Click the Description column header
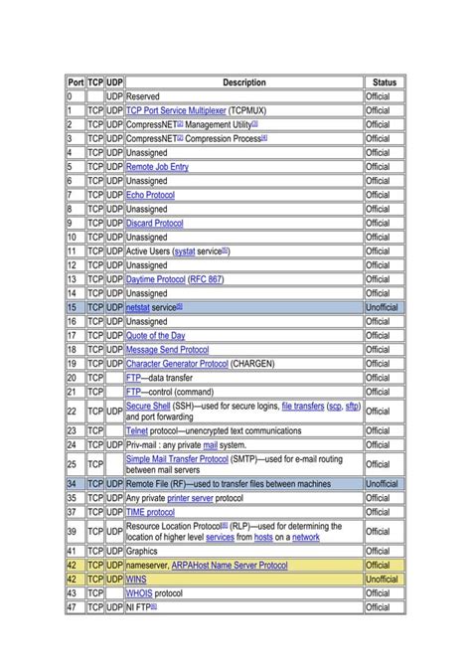click(244, 83)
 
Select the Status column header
click(384, 83)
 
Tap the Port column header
click(76, 83)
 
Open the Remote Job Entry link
click(157, 167)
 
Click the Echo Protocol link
click(150, 195)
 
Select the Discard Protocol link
click(154, 224)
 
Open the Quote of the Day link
click(155, 336)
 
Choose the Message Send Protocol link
click(167, 350)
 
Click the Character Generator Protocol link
click(177, 364)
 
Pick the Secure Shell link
click(148, 406)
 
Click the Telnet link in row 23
click(137, 430)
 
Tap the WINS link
click(136, 578)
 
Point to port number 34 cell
click(74, 483)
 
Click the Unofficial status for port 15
click(382, 308)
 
